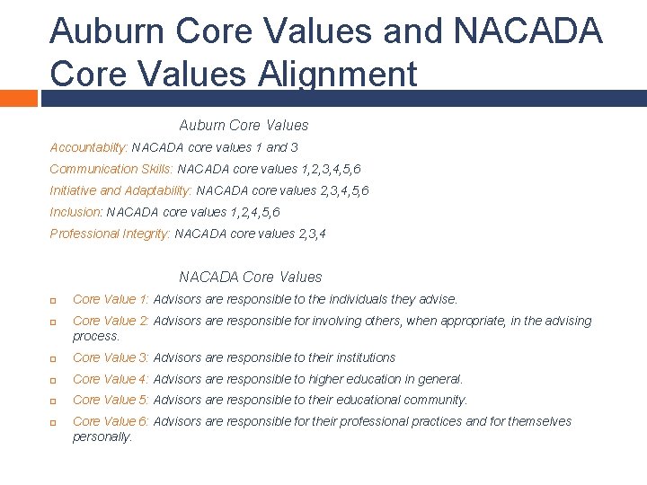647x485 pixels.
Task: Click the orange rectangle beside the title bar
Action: [18, 98]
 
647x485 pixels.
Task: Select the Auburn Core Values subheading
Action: [244, 125]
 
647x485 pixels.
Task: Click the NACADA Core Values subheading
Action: [250, 277]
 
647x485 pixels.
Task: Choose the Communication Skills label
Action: [111, 168]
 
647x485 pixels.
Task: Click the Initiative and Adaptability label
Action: [120, 190]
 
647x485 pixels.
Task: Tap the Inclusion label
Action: [76, 212]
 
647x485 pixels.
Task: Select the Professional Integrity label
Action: [110, 234]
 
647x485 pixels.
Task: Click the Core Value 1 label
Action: [111, 299]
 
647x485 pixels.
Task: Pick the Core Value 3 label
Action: [111, 357]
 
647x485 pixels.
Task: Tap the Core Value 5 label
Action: [111, 400]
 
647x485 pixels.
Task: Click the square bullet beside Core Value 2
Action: [54, 322]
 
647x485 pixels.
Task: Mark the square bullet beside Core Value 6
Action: [54, 422]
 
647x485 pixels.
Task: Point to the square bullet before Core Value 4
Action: [54, 380]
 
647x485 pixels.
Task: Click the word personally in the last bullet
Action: [102, 436]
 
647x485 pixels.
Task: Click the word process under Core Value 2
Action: [95, 336]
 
